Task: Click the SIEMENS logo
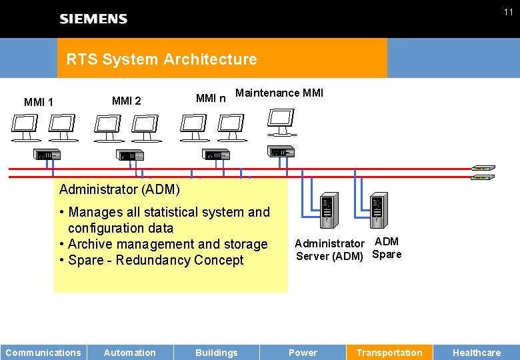click(93, 19)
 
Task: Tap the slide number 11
click(508, 12)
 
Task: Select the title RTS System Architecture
click(161, 59)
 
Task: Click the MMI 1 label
click(39, 102)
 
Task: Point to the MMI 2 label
click(127, 101)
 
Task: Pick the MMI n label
click(211, 99)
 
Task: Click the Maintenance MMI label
click(279, 93)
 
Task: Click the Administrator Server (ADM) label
click(329, 250)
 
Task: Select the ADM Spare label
click(387, 248)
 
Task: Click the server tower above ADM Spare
click(378, 210)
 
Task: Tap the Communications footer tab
click(43, 353)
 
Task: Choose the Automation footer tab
click(130, 353)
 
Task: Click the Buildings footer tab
click(217, 353)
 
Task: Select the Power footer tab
click(303, 353)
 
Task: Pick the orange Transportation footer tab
click(389, 353)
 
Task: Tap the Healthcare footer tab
click(477, 353)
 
